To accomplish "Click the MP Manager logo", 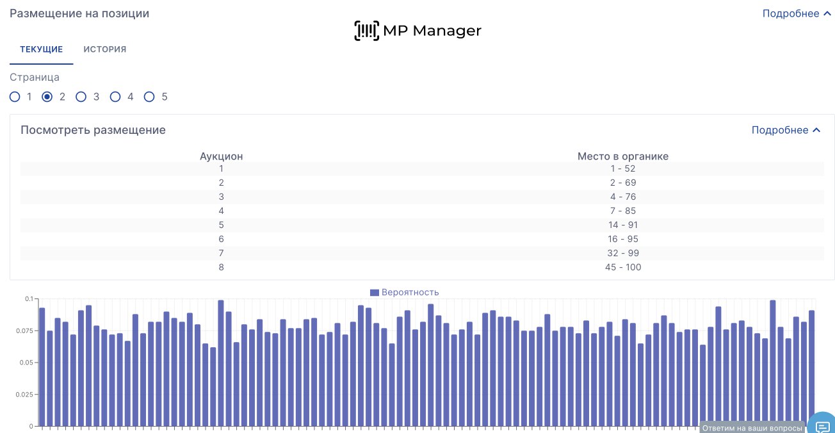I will (417, 30).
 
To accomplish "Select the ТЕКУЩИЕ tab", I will (41, 49).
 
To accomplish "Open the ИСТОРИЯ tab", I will (104, 49).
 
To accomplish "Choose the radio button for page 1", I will (15, 97).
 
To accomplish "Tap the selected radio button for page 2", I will (47, 97).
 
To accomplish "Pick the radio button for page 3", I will (81, 97).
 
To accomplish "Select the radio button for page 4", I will (115, 97).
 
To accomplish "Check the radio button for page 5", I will (149, 97).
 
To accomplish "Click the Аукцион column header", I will (221, 156).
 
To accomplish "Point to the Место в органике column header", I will (622, 156).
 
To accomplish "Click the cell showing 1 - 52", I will (622, 168).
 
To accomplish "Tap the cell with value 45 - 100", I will (622, 267).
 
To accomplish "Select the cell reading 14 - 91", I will (622, 225).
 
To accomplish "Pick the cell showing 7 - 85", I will (622, 211).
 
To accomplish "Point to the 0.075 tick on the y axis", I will (22, 331).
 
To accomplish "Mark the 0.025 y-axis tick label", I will (22, 395).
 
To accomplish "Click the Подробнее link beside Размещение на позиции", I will (796, 13).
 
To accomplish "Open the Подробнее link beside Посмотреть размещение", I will (785, 130).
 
